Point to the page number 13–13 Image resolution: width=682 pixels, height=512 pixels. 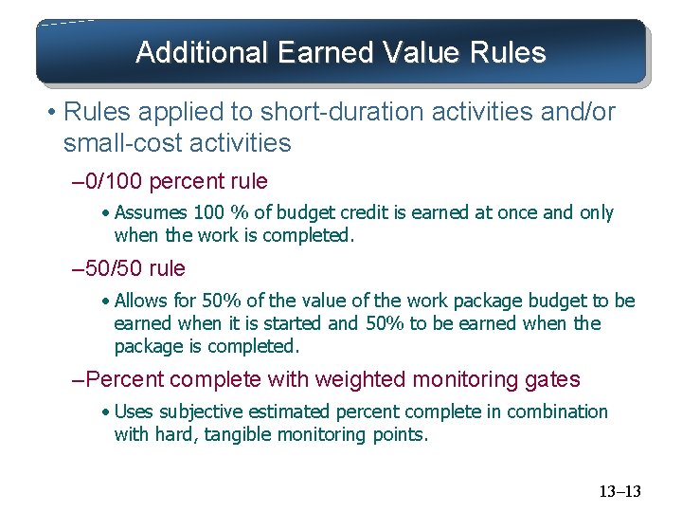pyautogui.click(x=619, y=491)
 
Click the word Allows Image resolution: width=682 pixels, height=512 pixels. pyautogui.click(x=143, y=302)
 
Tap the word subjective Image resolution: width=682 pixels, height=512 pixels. pyautogui.click(x=201, y=412)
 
